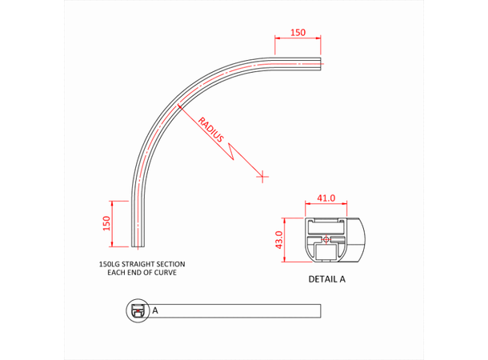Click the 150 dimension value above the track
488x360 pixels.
pos(298,33)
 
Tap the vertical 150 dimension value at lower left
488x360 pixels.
pos(106,222)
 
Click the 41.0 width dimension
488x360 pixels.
pos(325,198)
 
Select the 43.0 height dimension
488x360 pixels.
pos(278,239)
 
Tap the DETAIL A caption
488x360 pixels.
pos(327,280)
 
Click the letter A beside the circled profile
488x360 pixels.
pos(154,310)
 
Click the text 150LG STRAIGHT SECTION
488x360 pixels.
pos(142,263)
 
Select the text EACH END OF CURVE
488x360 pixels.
pos(142,273)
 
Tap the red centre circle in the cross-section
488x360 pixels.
pos(326,238)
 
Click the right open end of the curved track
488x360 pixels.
pos(322,62)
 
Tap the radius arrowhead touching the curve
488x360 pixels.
pos(182,105)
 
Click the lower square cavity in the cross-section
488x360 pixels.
pos(326,252)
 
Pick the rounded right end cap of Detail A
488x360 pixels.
pos(358,239)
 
